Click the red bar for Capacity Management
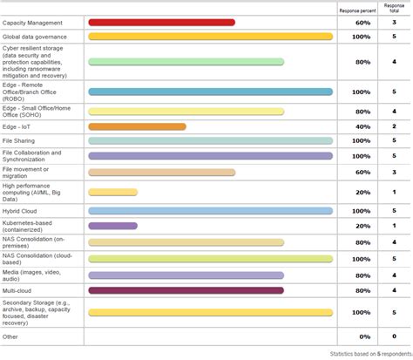click(161, 21)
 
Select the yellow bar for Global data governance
click(211, 37)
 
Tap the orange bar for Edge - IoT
click(137, 127)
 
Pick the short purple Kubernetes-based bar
click(112, 226)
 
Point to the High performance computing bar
click(112, 192)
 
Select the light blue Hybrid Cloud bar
click(211, 211)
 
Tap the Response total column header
click(395, 9)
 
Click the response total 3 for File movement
click(395, 173)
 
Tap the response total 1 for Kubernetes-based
click(395, 226)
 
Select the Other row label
click(10, 336)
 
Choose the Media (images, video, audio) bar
click(186, 275)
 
